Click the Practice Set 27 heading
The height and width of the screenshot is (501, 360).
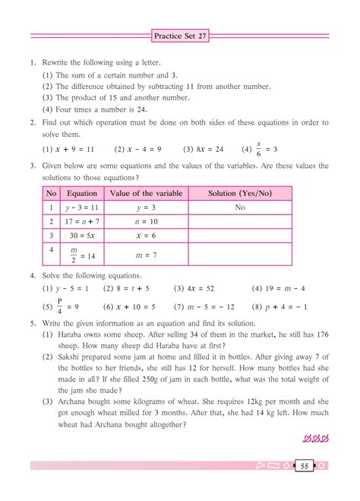click(180, 36)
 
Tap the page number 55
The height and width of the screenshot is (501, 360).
click(303, 465)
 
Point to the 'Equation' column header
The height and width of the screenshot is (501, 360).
click(82, 194)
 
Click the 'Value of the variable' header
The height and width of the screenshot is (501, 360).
click(146, 194)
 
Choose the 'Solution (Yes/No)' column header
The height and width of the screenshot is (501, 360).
click(239, 194)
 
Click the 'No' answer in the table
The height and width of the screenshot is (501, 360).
click(239, 207)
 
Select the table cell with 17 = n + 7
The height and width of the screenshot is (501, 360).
click(82, 221)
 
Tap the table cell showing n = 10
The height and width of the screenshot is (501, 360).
click(146, 221)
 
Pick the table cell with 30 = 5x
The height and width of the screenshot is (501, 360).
click(82, 236)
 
